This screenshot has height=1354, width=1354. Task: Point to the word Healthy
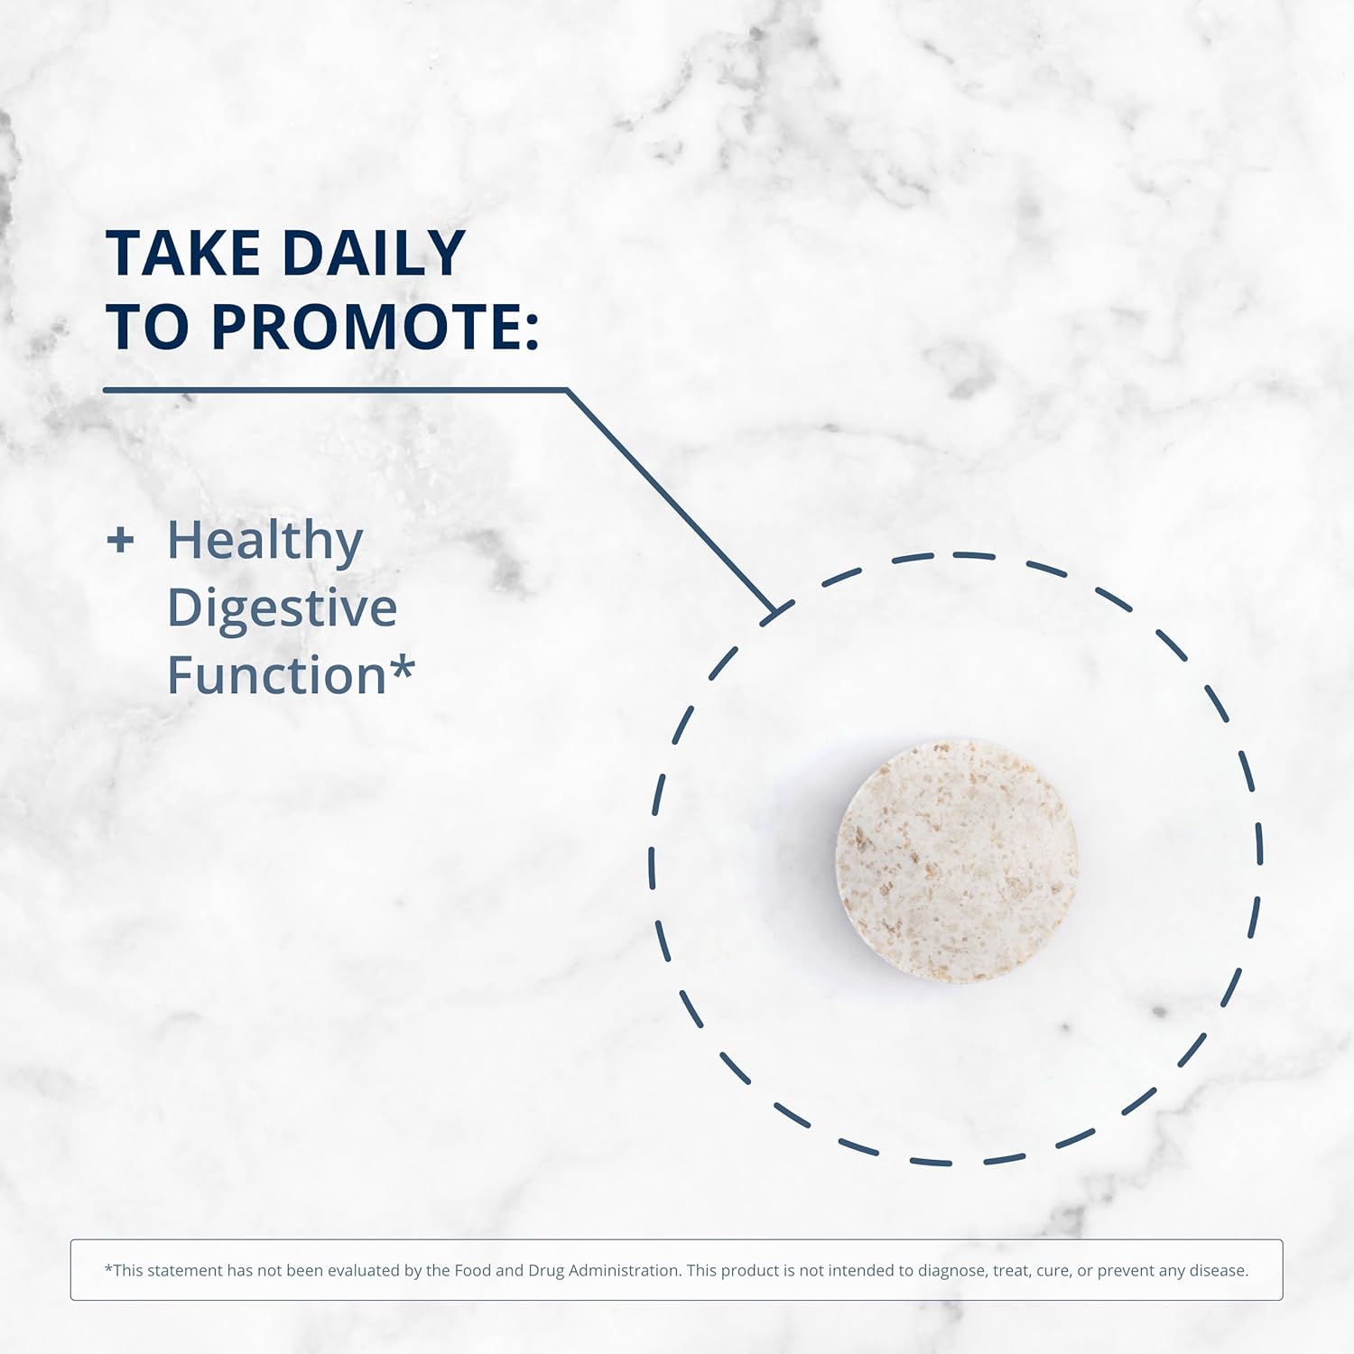265,542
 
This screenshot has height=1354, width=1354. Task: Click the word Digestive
283,607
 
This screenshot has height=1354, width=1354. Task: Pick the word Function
277,675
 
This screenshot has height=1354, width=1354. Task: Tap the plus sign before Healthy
120,540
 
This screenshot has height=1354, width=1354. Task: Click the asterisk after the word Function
403,667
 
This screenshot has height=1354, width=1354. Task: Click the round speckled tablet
957,860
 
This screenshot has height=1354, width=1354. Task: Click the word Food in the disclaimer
473,1270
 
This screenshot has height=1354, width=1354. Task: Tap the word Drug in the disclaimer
546,1271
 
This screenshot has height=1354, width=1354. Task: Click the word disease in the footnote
1221,1270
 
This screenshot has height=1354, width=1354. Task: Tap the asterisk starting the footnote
108,1267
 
